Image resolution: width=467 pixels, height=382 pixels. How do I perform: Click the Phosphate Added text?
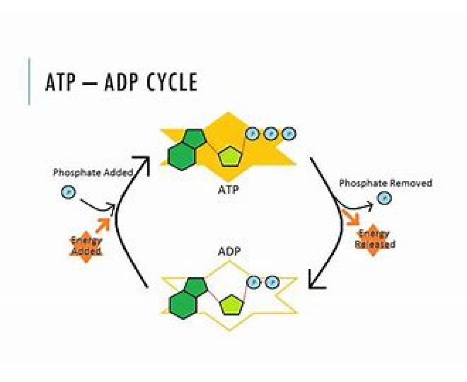click(x=93, y=173)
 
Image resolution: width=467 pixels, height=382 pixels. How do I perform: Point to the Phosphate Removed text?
click(x=385, y=183)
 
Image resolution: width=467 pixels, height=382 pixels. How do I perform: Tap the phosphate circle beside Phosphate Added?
click(x=68, y=192)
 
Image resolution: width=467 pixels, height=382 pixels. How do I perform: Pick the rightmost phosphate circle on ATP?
click(x=289, y=134)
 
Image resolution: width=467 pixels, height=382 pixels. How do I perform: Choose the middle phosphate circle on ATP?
click(x=270, y=134)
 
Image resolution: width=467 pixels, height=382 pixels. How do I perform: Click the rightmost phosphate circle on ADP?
click(x=272, y=281)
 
